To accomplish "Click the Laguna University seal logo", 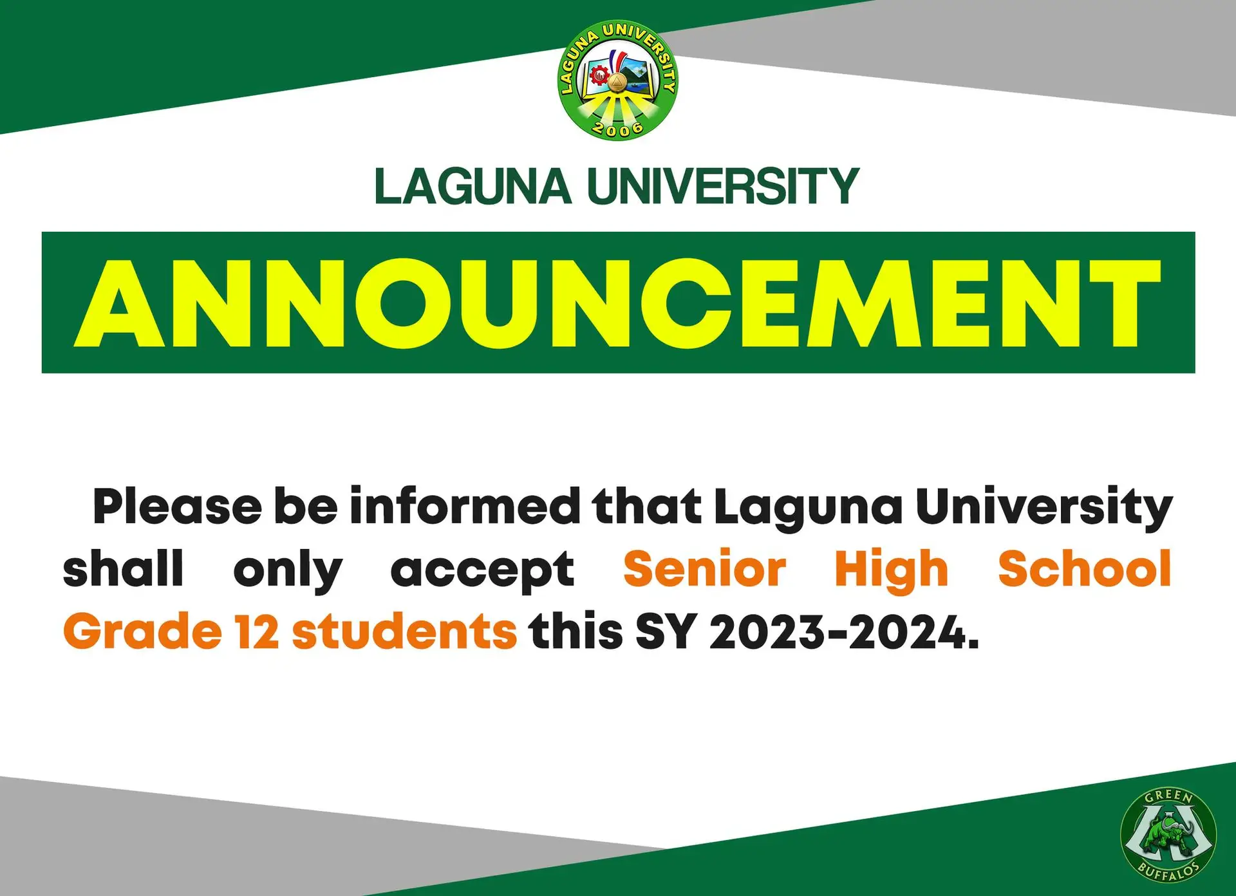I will tap(617, 80).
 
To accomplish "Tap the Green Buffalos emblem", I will tap(1168, 834).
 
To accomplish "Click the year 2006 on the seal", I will tap(617, 128).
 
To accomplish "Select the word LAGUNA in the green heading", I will tap(473, 187).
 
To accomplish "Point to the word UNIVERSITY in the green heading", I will tap(723, 187).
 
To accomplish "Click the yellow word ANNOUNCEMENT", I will tap(618, 303).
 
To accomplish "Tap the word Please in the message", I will tap(177, 507).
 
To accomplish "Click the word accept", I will tap(482, 570).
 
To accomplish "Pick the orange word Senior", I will tap(704, 569).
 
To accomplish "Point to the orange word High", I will tap(892, 570).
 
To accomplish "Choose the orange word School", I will tap(1085, 569).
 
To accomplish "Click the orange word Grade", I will tap(142, 631).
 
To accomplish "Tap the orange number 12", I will tap(256, 631).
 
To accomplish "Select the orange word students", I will tap(404, 631).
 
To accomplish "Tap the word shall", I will tap(123, 569).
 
